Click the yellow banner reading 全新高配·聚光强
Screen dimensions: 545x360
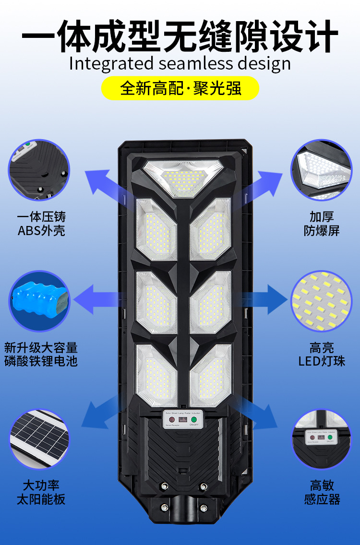(180, 88)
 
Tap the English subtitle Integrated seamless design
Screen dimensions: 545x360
(180, 63)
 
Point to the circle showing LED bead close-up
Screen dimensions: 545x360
(321, 301)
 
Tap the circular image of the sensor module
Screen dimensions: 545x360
(321, 438)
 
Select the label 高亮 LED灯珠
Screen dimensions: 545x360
(321, 354)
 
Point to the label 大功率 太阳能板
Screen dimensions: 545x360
(41, 492)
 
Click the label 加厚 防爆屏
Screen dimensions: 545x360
(321, 224)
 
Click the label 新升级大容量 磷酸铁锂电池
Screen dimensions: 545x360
(41, 354)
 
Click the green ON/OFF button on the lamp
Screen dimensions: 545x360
(194, 419)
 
